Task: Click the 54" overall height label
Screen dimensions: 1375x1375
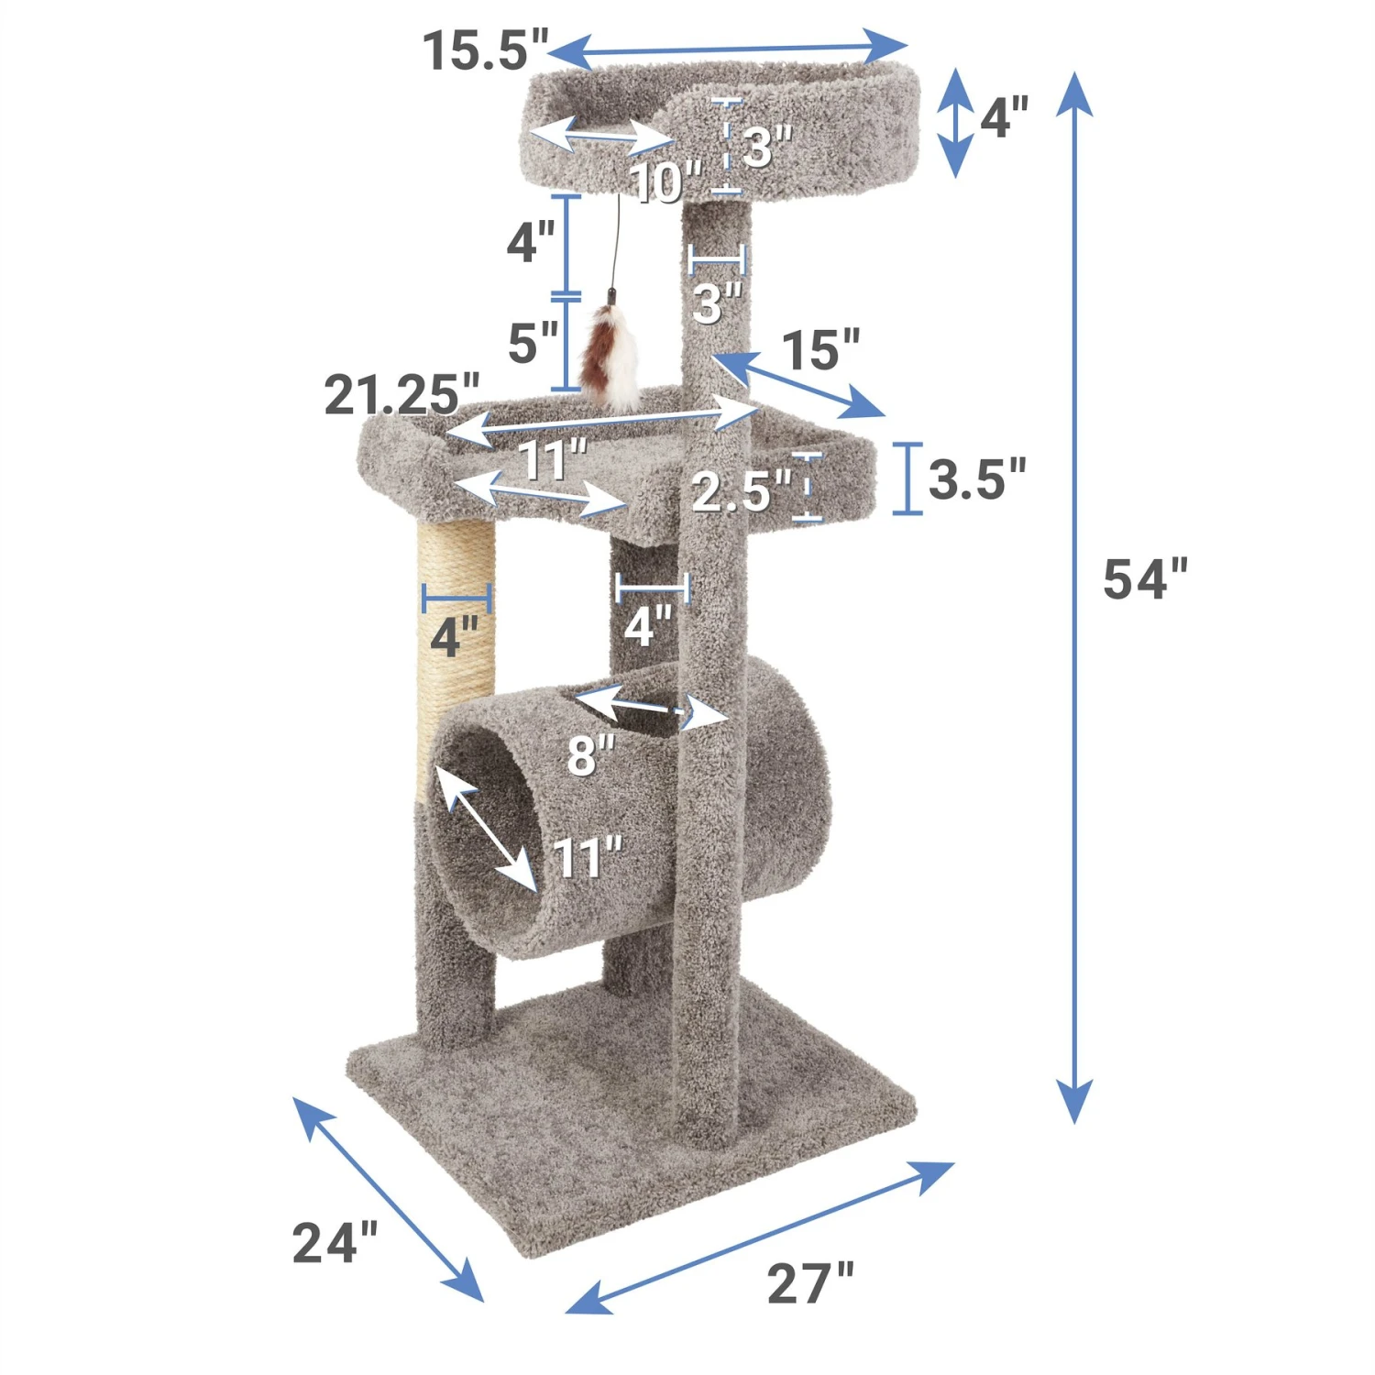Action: [x=1144, y=579]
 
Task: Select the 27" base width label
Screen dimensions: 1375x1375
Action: [x=809, y=1282]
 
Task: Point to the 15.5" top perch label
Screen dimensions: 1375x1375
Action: [x=485, y=49]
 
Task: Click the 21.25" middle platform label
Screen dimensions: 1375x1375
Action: [x=401, y=395]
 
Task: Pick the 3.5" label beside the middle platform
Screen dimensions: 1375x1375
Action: [x=976, y=478]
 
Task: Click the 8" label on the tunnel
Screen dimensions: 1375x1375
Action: [x=590, y=755]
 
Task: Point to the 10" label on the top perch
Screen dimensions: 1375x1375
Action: [x=665, y=181]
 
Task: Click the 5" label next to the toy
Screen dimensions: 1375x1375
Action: [x=533, y=343]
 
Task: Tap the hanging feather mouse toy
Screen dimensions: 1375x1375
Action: [x=612, y=357]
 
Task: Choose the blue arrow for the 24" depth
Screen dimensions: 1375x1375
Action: [x=388, y=1198]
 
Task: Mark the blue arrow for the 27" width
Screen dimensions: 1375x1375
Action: [x=760, y=1237]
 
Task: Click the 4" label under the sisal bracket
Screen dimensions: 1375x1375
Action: [x=455, y=636]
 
